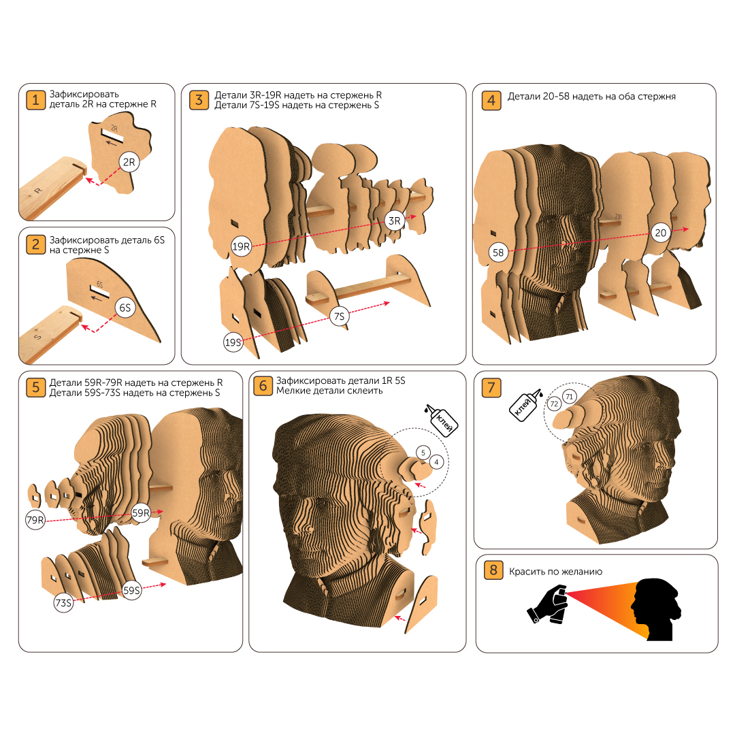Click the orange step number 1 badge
(35, 100)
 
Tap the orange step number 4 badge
(491, 100)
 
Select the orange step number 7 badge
(491, 388)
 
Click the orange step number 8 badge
(493, 570)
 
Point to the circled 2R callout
(129, 162)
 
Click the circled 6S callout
(125, 308)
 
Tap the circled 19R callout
(241, 246)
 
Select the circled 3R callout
(395, 220)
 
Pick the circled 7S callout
(340, 316)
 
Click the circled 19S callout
(233, 342)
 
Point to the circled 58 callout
(497, 252)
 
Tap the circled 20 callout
(660, 233)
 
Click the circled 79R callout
(35, 520)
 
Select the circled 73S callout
(63, 602)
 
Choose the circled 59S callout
(132, 590)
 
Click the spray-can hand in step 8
(547, 604)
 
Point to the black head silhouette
(656, 609)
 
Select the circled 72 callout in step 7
(554, 404)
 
